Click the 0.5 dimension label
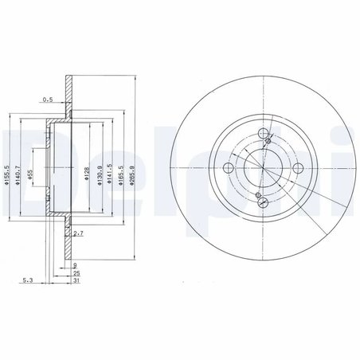pyautogui.click(x=48, y=100)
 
